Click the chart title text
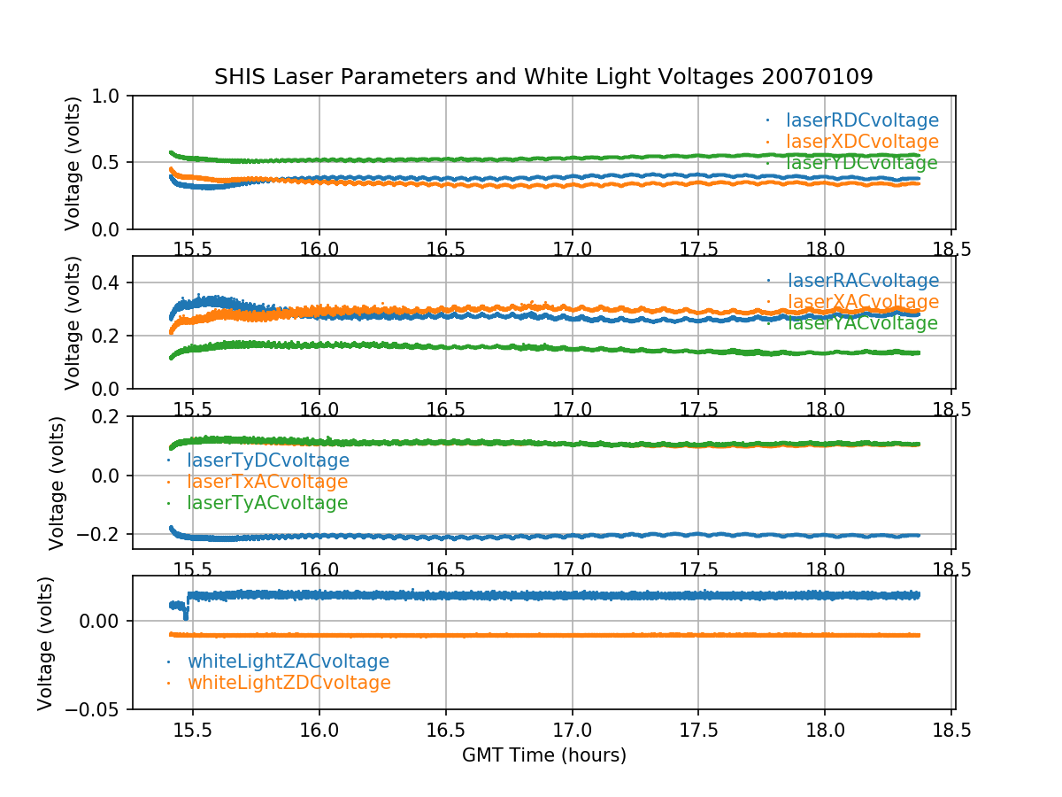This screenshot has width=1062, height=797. [x=543, y=77]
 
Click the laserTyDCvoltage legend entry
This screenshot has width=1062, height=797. [x=267, y=460]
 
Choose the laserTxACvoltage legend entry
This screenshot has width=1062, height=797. [x=266, y=482]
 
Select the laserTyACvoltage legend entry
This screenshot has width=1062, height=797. [x=266, y=503]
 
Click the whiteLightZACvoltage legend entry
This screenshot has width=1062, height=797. [x=288, y=662]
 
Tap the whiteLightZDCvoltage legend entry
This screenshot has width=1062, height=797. [x=289, y=683]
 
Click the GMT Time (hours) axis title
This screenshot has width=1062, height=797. [x=543, y=755]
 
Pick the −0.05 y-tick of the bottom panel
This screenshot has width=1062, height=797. [x=98, y=709]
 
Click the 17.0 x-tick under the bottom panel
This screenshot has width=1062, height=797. [x=572, y=732]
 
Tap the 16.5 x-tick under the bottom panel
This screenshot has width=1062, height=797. [x=445, y=732]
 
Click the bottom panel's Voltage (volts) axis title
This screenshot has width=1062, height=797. [x=45, y=643]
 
